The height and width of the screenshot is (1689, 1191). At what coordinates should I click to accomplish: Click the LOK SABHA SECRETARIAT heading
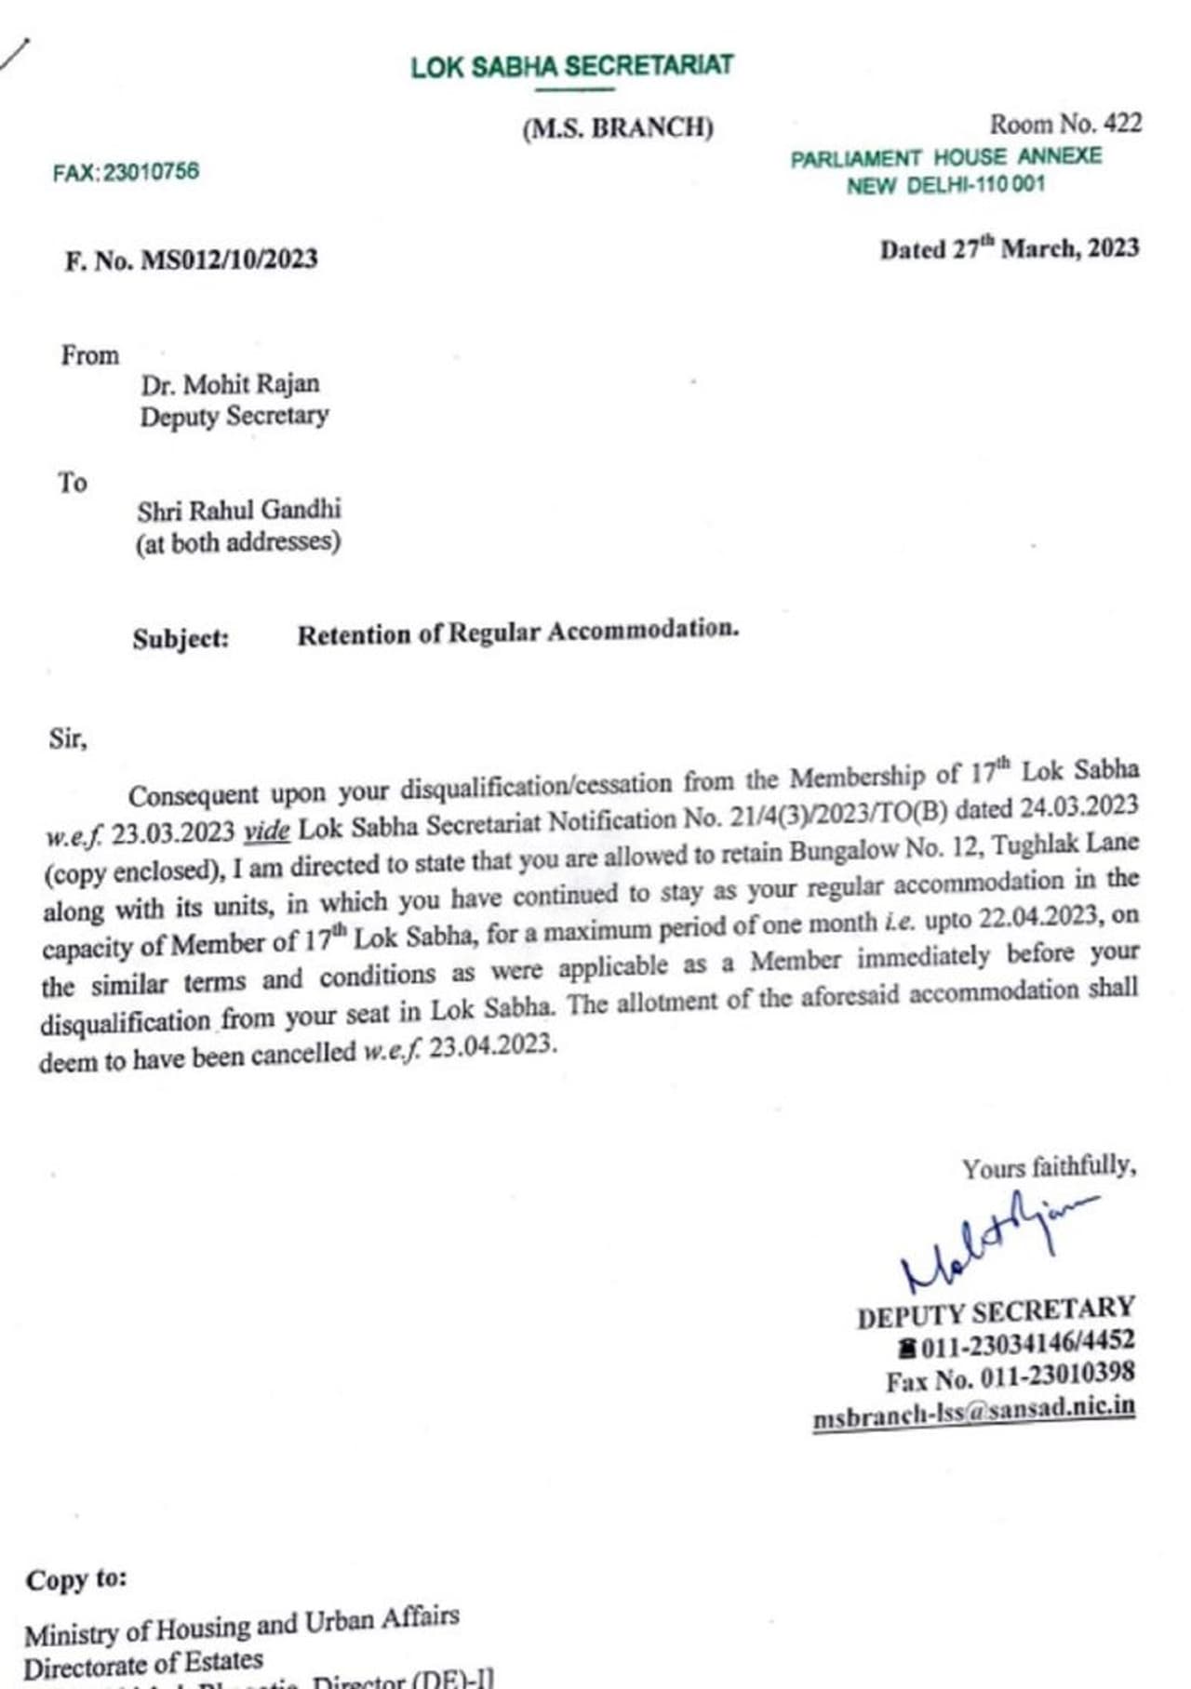[572, 67]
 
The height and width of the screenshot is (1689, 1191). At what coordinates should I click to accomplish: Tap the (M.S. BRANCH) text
[618, 127]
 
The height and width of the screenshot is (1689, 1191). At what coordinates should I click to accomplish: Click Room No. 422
[1064, 124]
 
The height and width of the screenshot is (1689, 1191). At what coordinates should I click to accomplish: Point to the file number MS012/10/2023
[229, 259]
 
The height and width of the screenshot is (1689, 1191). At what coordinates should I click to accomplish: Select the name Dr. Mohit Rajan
[230, 384]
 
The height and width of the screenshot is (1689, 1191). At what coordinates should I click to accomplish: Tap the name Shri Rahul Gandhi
[239, 511]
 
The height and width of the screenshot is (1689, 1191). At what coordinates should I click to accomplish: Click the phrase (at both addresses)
[238, 542]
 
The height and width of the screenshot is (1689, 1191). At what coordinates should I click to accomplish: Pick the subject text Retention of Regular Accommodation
[517, 632]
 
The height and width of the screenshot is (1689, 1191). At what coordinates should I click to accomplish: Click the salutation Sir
[67, 739]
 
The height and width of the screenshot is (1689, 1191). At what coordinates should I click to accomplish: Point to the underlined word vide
[267, 831]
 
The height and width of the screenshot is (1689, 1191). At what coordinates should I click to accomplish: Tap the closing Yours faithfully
[1049, 1168]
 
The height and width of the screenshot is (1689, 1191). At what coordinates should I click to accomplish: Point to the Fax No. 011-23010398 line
[1010, 1376]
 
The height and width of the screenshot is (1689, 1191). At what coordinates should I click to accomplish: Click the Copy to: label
[76, 1580]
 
